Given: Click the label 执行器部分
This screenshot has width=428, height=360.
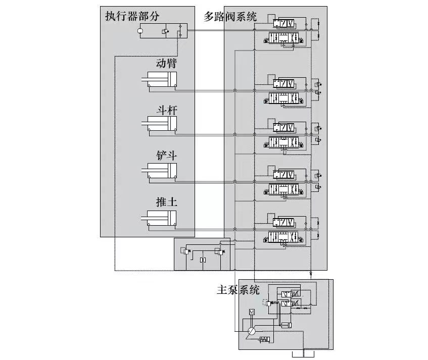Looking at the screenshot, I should tap(132, 16).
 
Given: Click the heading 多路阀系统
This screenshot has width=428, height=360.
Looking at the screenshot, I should tap(230, 16).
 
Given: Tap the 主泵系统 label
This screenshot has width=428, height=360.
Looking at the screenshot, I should tap(237, 290).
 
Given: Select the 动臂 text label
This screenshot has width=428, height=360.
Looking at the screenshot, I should tap(166, 64).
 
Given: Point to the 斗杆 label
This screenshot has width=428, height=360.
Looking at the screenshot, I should tap(166, 110).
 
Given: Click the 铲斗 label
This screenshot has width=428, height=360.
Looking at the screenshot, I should tap(166, 156).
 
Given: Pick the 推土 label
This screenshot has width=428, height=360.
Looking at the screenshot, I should tap(166, 202).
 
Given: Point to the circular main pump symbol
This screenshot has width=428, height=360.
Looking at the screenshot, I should tap(251, 331).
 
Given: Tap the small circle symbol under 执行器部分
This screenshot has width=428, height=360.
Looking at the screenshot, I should tap(140, 32).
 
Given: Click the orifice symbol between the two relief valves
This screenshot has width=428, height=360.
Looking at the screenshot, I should tap(203, 260).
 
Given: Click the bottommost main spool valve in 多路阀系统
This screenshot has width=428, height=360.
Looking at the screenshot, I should tap(283, 237).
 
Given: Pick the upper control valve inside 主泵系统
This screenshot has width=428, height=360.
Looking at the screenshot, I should tap(289, 294).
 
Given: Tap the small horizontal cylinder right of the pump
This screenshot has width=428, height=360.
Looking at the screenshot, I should tap(286, 325).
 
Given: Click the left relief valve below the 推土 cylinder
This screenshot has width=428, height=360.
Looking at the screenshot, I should tap(186, 251).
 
